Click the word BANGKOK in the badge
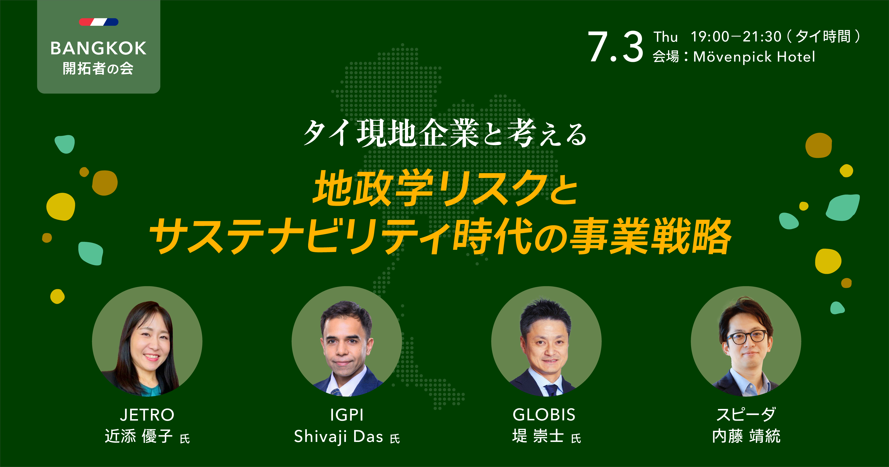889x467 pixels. [98, 48]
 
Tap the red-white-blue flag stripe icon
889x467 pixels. [99, 22]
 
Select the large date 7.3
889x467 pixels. [615, 47]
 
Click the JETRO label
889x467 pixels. [147, 415]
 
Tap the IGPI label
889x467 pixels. [347, 415]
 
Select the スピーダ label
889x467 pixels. [746, 415]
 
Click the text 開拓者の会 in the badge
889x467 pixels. [98, 68]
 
